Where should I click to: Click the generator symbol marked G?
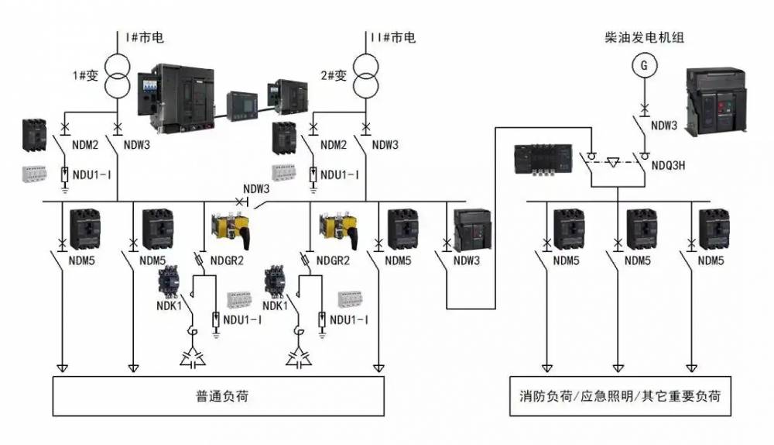click(x=642, y=67)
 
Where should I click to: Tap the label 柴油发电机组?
click(x=645, y=37)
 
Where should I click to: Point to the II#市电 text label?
click(x=392, y=37)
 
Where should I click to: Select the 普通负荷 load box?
click(x=218, y=396)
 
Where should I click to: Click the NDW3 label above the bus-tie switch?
click(x=256, y=188)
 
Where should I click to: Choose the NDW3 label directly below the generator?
click(x=664, y=125)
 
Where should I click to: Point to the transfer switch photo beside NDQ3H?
click(x=546, y=161)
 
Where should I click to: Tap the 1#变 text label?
click(x=85, y=75)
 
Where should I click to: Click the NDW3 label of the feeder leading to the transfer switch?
click(x=467, y=260)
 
